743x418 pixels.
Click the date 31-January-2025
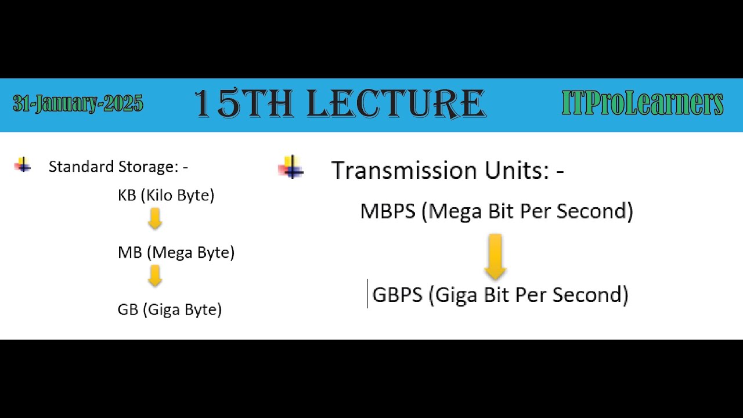tap(78, 105)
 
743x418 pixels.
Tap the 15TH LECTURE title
tap(340, 105)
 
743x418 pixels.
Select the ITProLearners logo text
tap(642, 105)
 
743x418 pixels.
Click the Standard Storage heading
tap(118, 167)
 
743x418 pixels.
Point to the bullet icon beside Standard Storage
tap(23, 165)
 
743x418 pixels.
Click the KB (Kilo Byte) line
tap(166, 196)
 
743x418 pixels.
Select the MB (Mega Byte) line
tap(176, 253)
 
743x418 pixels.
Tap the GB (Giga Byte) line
tap(169, 309)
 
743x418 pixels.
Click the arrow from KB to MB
tap(154, 219)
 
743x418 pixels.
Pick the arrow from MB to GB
tap(154, 276)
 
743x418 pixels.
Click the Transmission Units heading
tap(447, 171)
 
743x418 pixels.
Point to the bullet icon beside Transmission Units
tap(292, 168)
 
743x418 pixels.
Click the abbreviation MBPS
tap(388, 211)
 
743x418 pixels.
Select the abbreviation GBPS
tap(397, 295)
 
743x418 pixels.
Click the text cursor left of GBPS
tap(367, 294)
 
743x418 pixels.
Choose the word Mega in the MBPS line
tap(456, 211)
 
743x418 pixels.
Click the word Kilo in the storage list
tap(159, 196)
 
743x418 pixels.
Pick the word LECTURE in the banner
tap(396, 105)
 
